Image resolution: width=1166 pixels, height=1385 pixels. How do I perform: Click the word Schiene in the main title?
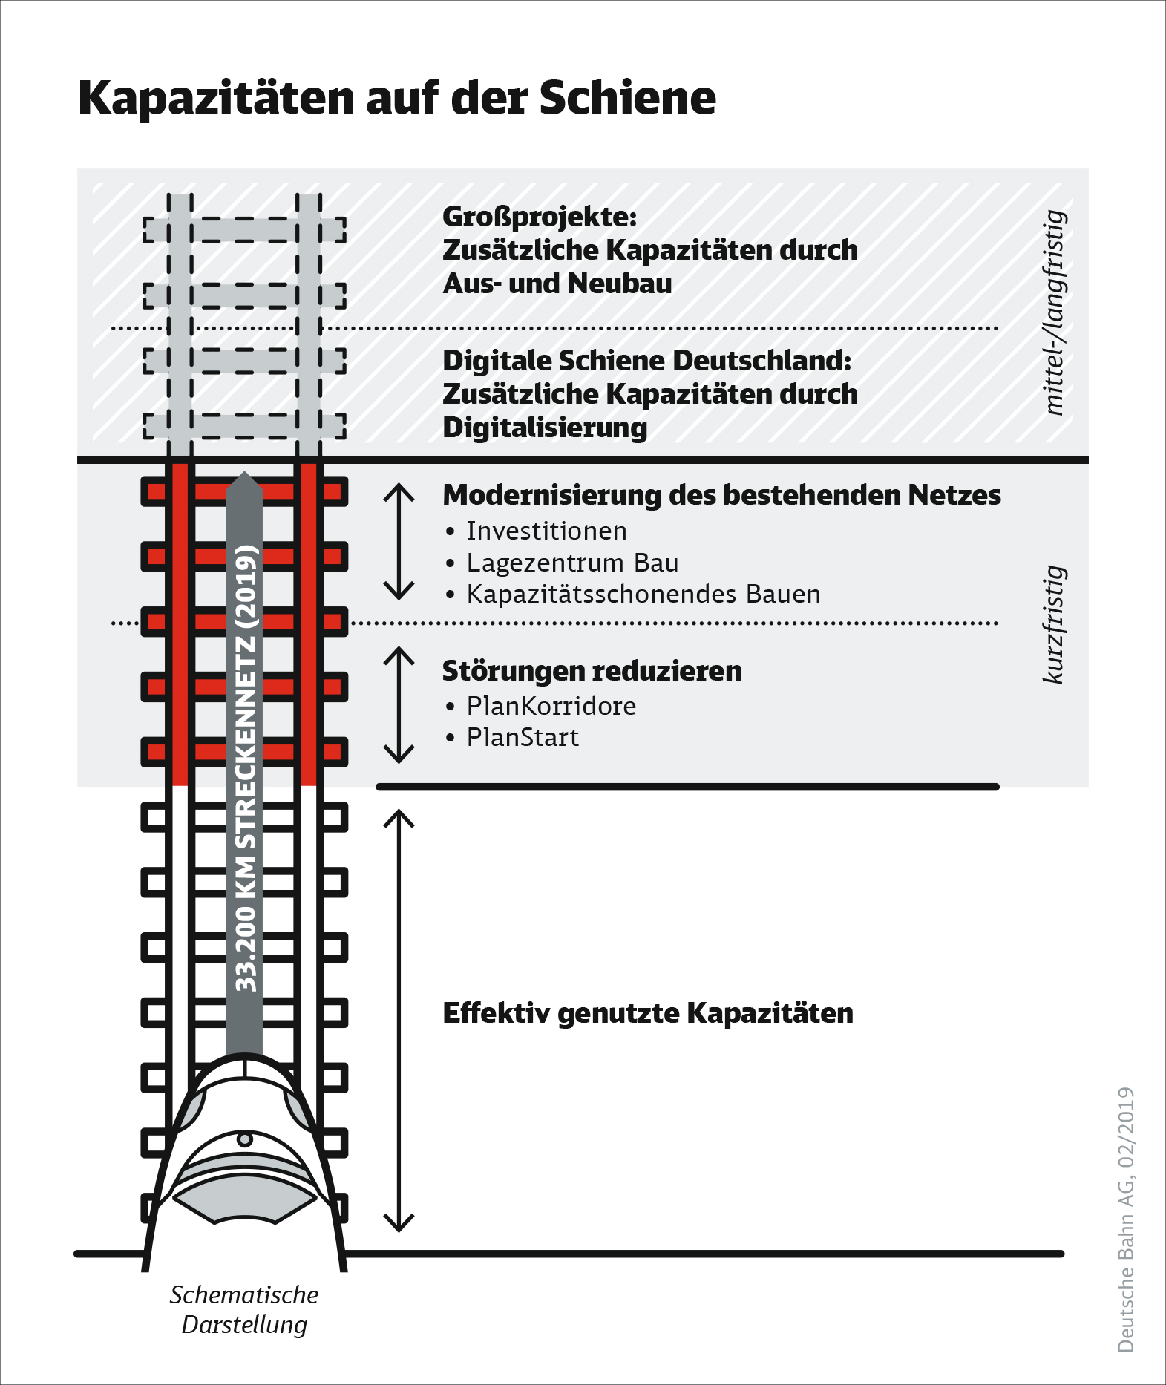coord(627,98)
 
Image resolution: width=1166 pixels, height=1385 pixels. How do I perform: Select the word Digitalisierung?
coord(545,428)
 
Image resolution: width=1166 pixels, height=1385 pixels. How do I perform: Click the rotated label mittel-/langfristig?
coord(1054,312)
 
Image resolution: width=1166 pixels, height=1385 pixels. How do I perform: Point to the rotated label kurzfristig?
coord(1054,623)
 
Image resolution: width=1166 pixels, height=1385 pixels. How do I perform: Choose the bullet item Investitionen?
coord(546,531)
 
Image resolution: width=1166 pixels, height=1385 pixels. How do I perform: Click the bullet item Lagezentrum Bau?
coord(572,563)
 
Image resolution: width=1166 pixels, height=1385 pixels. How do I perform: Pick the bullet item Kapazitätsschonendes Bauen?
coord(643,595)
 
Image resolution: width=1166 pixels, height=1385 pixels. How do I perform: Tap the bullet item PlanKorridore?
coord(551,706)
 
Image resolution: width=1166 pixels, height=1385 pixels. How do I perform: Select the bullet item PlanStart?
coord(523,738)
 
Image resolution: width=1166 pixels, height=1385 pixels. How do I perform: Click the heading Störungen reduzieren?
coord(592,671)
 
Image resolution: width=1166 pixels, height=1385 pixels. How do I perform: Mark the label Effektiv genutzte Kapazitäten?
coord(647,1013)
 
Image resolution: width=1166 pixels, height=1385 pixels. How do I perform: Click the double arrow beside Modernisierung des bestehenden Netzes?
coord(399,541)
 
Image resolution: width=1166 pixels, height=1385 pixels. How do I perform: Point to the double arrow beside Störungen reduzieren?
coord(399,704)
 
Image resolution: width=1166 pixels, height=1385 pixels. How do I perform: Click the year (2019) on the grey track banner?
coord(246,587)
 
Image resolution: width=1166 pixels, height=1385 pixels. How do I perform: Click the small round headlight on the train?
coord(244,1139)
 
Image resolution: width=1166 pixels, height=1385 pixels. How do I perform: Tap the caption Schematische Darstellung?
coord(244,1310)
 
